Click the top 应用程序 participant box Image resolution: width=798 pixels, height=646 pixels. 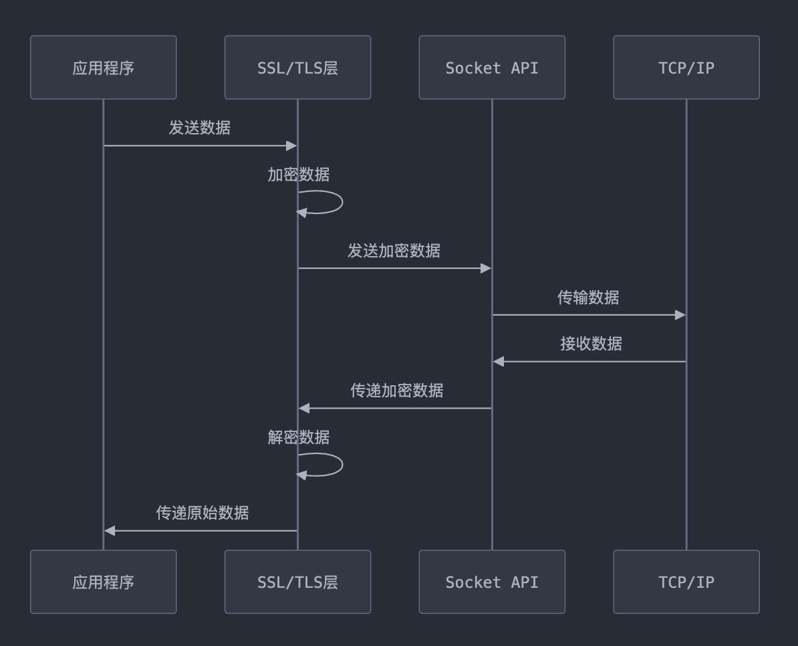pos(103,68)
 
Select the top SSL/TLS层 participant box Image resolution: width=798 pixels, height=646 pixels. pos(297,68)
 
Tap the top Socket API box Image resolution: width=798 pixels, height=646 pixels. pos(492,68)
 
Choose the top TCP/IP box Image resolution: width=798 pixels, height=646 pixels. pos(686,68)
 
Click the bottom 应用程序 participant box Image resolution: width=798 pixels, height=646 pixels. pos(103,582)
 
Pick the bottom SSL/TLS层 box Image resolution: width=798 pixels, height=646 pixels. pos(297,582)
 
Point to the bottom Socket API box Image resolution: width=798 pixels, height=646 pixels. pos(492,582)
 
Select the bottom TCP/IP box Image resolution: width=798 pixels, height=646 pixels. pos(686,582)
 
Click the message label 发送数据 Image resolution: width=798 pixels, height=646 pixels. pos(199,128)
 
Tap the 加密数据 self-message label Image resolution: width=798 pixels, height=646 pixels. pos(298,175)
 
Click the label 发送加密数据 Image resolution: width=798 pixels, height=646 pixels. pos(394,251)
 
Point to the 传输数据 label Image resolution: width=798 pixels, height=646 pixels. pos(588,298)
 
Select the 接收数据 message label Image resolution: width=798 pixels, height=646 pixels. pos(591,344)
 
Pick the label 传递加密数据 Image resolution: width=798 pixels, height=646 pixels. pos(396,391)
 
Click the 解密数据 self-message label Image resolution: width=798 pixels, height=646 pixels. pos(298,437)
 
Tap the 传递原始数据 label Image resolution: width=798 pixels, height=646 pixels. pos(203,513)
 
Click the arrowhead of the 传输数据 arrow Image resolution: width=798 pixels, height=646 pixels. pos(680,315)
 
